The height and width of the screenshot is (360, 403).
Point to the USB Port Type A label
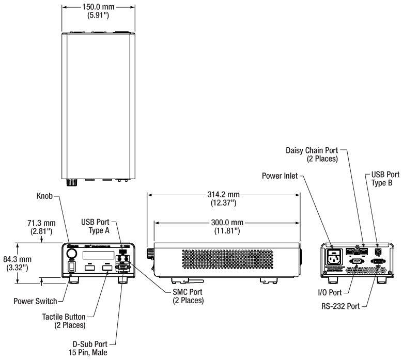coord(96,226)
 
